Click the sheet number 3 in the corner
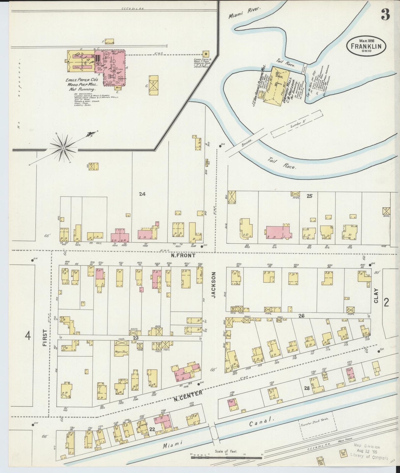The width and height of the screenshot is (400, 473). (x=386, y=14)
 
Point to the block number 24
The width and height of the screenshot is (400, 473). (x=142, y=194)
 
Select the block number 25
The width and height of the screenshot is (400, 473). (x=309, y=196)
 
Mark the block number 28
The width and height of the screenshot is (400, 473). (x=307, y=388)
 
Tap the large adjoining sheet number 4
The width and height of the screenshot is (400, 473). (x=28, y=336)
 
